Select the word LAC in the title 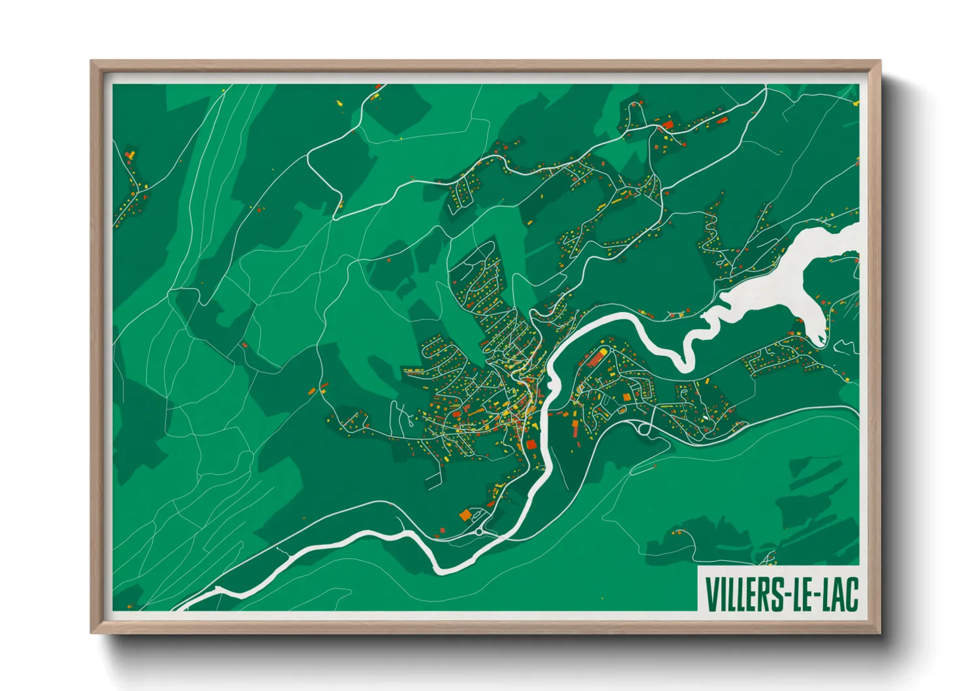click(x=839, y=594)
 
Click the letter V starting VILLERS click(x=711, y=594)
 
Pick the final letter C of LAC click(x=851, y=594)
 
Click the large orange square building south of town click(x=465, y=515)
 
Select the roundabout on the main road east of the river click(x=646, y=429)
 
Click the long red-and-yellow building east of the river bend click(x=596, y=357)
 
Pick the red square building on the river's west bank click(x=531, y=444)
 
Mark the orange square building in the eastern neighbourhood click(x=627, y=397)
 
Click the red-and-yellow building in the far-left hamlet click(x=130, y=155)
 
